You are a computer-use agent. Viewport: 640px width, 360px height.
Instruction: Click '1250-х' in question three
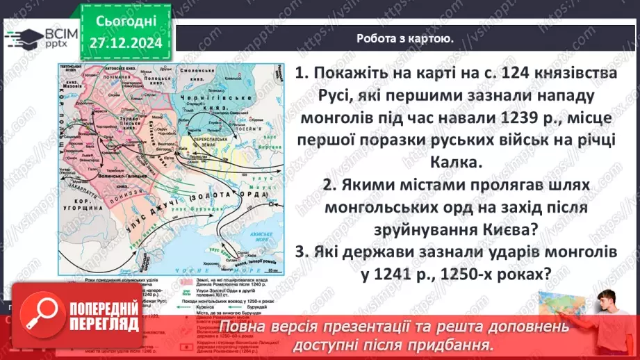click(x=454, y=275)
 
